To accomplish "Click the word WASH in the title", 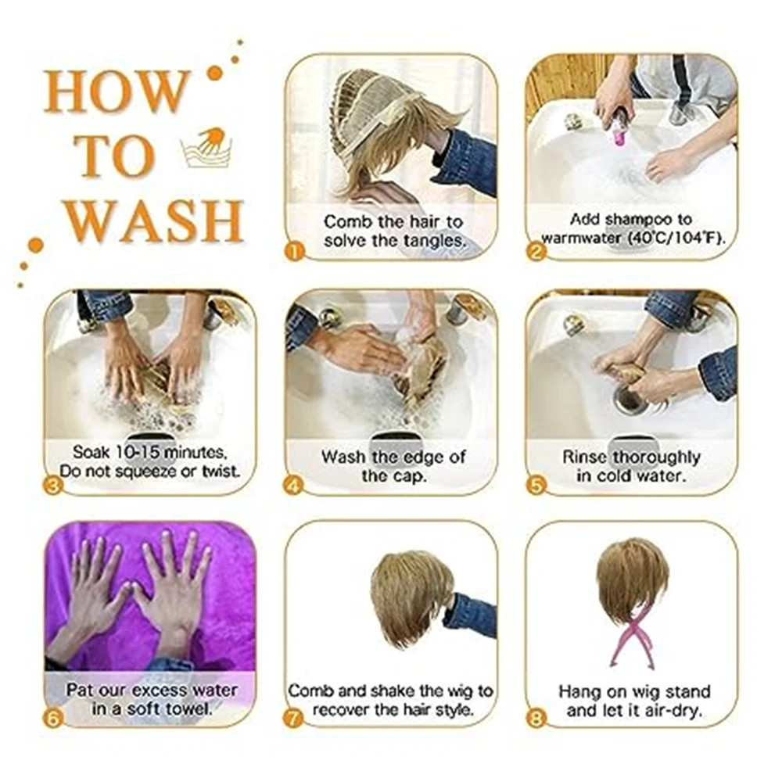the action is coord(155,221).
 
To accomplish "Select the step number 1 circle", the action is coord(294,252).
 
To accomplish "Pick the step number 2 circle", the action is coord(536,252).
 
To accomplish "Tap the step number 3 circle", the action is coord(53,486).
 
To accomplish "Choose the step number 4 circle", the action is coord(294,486).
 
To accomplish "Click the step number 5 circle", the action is coord(536,486).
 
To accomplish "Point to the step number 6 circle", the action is coord(53,719).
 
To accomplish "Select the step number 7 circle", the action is coord(294,719).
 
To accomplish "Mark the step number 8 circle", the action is coord(536,719).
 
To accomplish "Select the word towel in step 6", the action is coord(188,708).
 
